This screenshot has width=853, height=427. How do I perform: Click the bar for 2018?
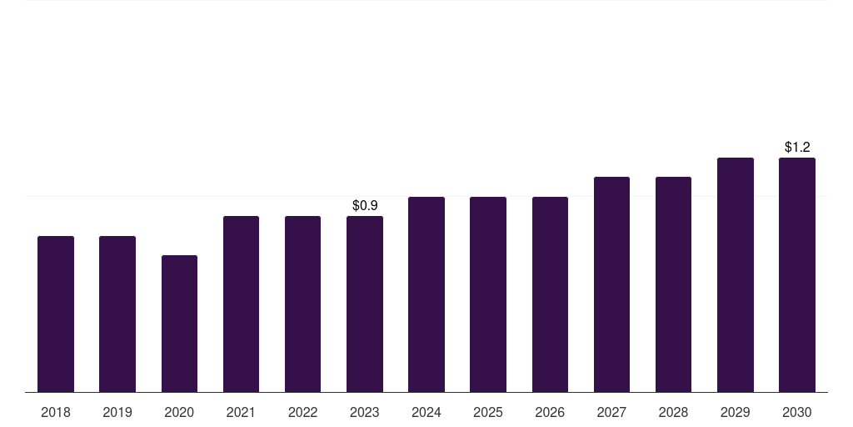(56, 314)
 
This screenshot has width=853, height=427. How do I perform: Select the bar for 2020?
(179, 324)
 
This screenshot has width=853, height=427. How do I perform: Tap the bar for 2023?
(365, 304)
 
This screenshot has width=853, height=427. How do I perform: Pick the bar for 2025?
(488, 294)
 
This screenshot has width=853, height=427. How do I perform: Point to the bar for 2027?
(611, 284)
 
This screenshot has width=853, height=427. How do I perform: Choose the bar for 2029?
(736, 274)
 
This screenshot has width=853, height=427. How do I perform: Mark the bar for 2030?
(797, 274)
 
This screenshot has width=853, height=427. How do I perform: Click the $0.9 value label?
(365, 205)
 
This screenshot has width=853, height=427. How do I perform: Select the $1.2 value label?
(797, 147)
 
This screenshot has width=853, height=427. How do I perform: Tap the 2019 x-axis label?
(117, 412)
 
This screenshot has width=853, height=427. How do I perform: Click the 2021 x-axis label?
(241, 412)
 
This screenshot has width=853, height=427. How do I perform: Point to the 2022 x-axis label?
(302, 412)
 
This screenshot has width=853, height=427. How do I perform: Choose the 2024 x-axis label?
(426, 412)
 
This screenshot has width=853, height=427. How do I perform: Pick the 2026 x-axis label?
(550, 412)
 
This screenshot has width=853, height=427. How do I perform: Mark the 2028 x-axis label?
(673, 412)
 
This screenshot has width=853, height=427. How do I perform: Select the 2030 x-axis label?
(797, 412)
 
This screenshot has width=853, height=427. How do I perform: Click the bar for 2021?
(241, 304)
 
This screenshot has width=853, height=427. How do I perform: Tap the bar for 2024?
(426, 294)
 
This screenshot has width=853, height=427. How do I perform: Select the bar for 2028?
(673, 284)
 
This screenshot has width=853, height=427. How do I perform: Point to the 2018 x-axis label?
(56, 412)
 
